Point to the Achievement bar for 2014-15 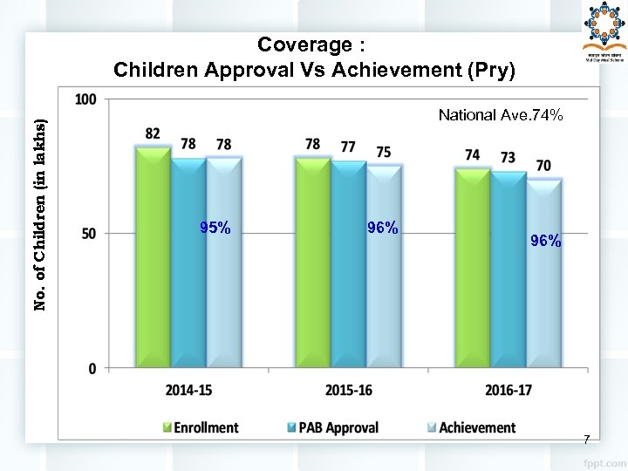[223, 262]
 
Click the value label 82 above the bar [153, 133]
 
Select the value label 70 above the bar [543, 165]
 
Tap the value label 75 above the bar [384, 152]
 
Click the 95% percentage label [215, 229]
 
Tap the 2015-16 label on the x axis [348, 390]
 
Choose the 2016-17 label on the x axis [509, 390]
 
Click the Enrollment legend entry [200, 427]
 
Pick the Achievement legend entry [470, 427]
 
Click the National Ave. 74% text [501, 115]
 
